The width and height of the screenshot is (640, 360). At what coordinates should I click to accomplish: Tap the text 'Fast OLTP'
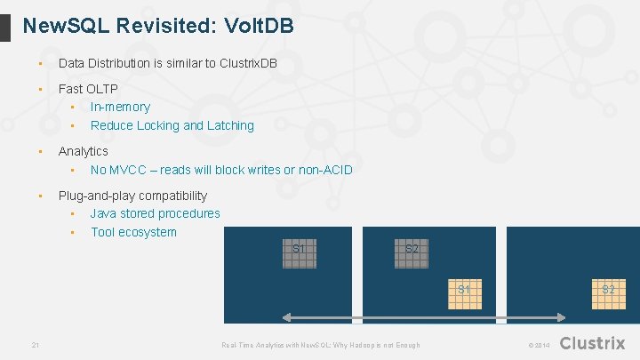click(88, 89)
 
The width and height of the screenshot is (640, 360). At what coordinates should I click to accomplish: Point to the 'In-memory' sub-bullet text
click(120, 107)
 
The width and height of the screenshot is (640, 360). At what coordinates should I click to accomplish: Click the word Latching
click(230, 125)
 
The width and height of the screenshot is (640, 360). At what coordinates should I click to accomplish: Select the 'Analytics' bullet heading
click(83, 151)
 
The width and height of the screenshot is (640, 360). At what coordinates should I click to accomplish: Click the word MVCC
click(132, 170)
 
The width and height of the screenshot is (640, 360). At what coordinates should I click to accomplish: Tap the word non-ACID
click(326, 170)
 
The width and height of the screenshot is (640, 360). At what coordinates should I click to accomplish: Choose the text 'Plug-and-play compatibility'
click(132, 196)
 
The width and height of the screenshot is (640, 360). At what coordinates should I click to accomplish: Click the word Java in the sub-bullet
click(104, 213)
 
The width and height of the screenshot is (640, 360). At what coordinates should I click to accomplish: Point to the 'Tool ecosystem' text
click(133, 232)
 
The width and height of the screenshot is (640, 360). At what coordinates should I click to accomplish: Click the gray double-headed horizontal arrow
click(424, 316)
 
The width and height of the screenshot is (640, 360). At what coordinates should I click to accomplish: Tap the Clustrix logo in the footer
click(592, 343)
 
